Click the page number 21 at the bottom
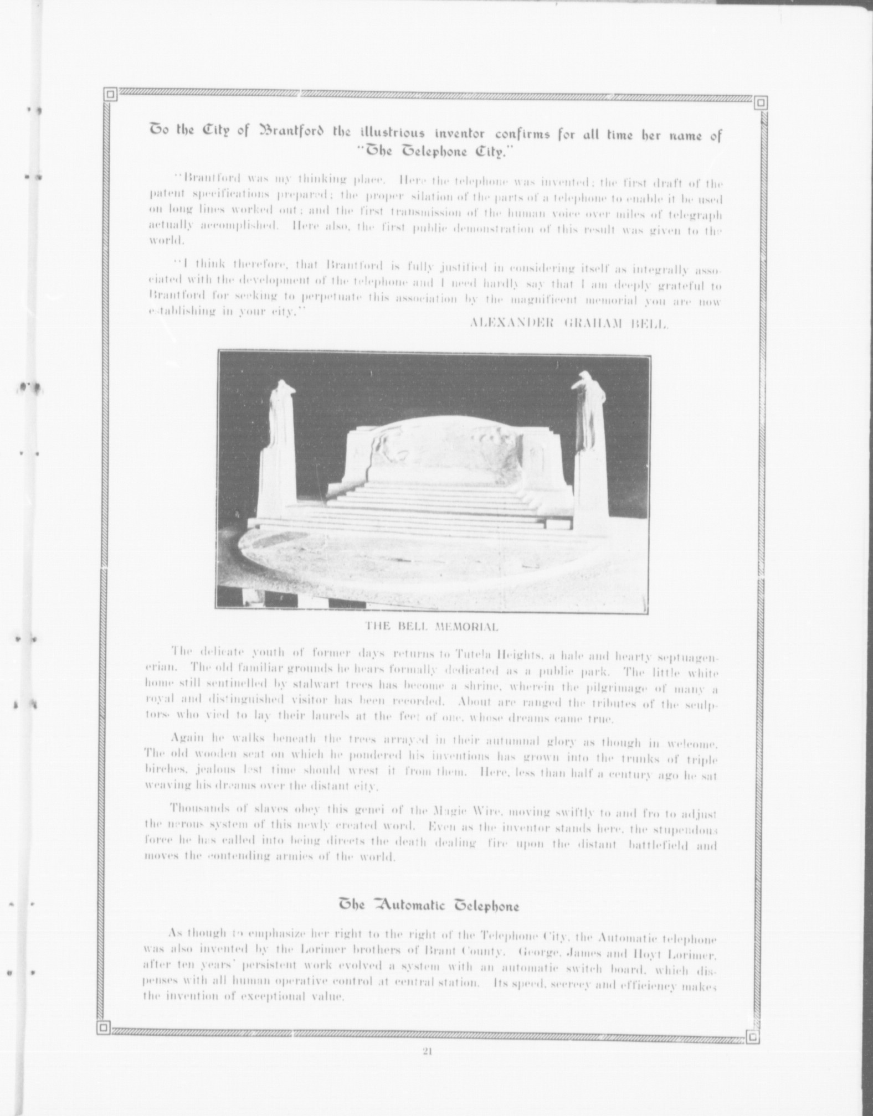tap(427, 1053)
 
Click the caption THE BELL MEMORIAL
tap(432, 627)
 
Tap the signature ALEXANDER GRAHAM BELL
tap(569, 324)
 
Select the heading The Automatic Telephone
tap(429, 906)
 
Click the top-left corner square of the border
tap(110, 95)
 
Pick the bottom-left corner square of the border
tap(102, 1028)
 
